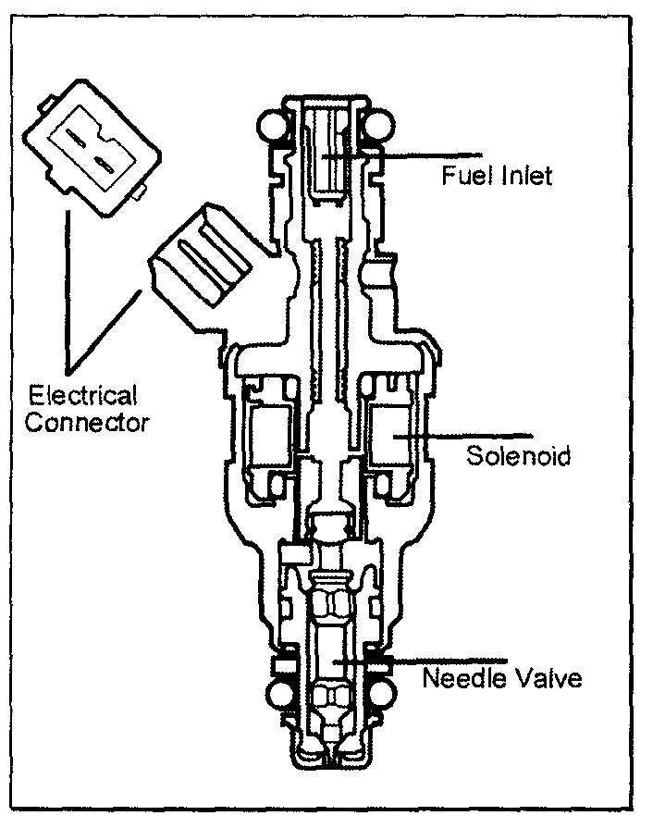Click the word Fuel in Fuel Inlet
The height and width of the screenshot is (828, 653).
click(460, 174)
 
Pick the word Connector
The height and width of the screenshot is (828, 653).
click(88, 424)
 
